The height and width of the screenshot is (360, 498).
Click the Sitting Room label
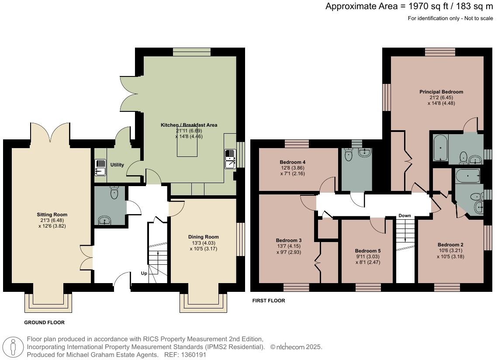pyautogui.click(x=52, y=215)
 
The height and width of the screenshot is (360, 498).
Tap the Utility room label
pyautogui.click(x=117, y=165)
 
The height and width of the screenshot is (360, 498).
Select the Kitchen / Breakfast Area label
pyautogui.click(x=189, y=125)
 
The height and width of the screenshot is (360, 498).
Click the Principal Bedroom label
pyautogui.click(x=441, y=92)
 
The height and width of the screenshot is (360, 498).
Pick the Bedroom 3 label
pyautogui.click(x=289, y=240)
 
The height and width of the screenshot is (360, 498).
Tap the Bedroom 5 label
pyautogui.click(x=368, y=251)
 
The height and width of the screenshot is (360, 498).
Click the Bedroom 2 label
pyautogui.click(x=450, y=245)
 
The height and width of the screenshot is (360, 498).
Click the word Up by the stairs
pyautogui.click(x=144, y=273)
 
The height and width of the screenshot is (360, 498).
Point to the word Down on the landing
pyautogui.click(x=405, y=216)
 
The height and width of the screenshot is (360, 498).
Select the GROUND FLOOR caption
pyautogui.click(x=44, y=322)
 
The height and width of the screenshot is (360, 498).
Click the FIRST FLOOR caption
pyautogui.click(x=269, y=301)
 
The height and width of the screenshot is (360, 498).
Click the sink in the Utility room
pyautogui.click(x=100, y=167)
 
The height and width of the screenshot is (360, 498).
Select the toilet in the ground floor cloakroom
pyautogui.click(x=114, y=193)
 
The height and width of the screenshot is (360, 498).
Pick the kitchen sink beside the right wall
pyautogui.click(x=230, y=159)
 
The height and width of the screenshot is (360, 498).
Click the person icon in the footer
pyautogui.click(x=14, y=347)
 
